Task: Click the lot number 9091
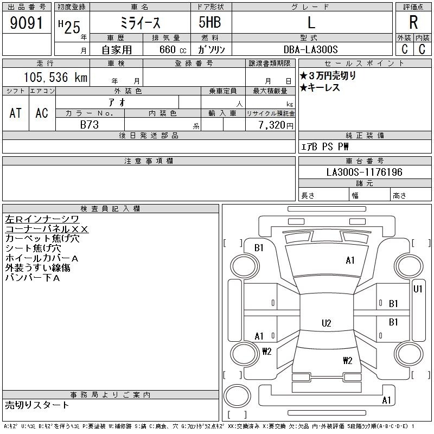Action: click(x=27, y=23)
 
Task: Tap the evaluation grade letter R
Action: click(x=413, y=22)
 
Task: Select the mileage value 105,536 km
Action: click(x=55, y=77)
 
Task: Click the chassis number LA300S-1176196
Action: click(x=364, y=172)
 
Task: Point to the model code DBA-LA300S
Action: click(x=310, y=49)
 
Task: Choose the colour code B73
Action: click(x=90, y=125)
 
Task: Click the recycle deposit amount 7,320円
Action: click(x=276, y=125)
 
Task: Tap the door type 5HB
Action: click(x=210, y=22)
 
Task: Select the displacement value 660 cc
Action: click(x=173, y=49)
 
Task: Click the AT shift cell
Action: click(x=16, y=113)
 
